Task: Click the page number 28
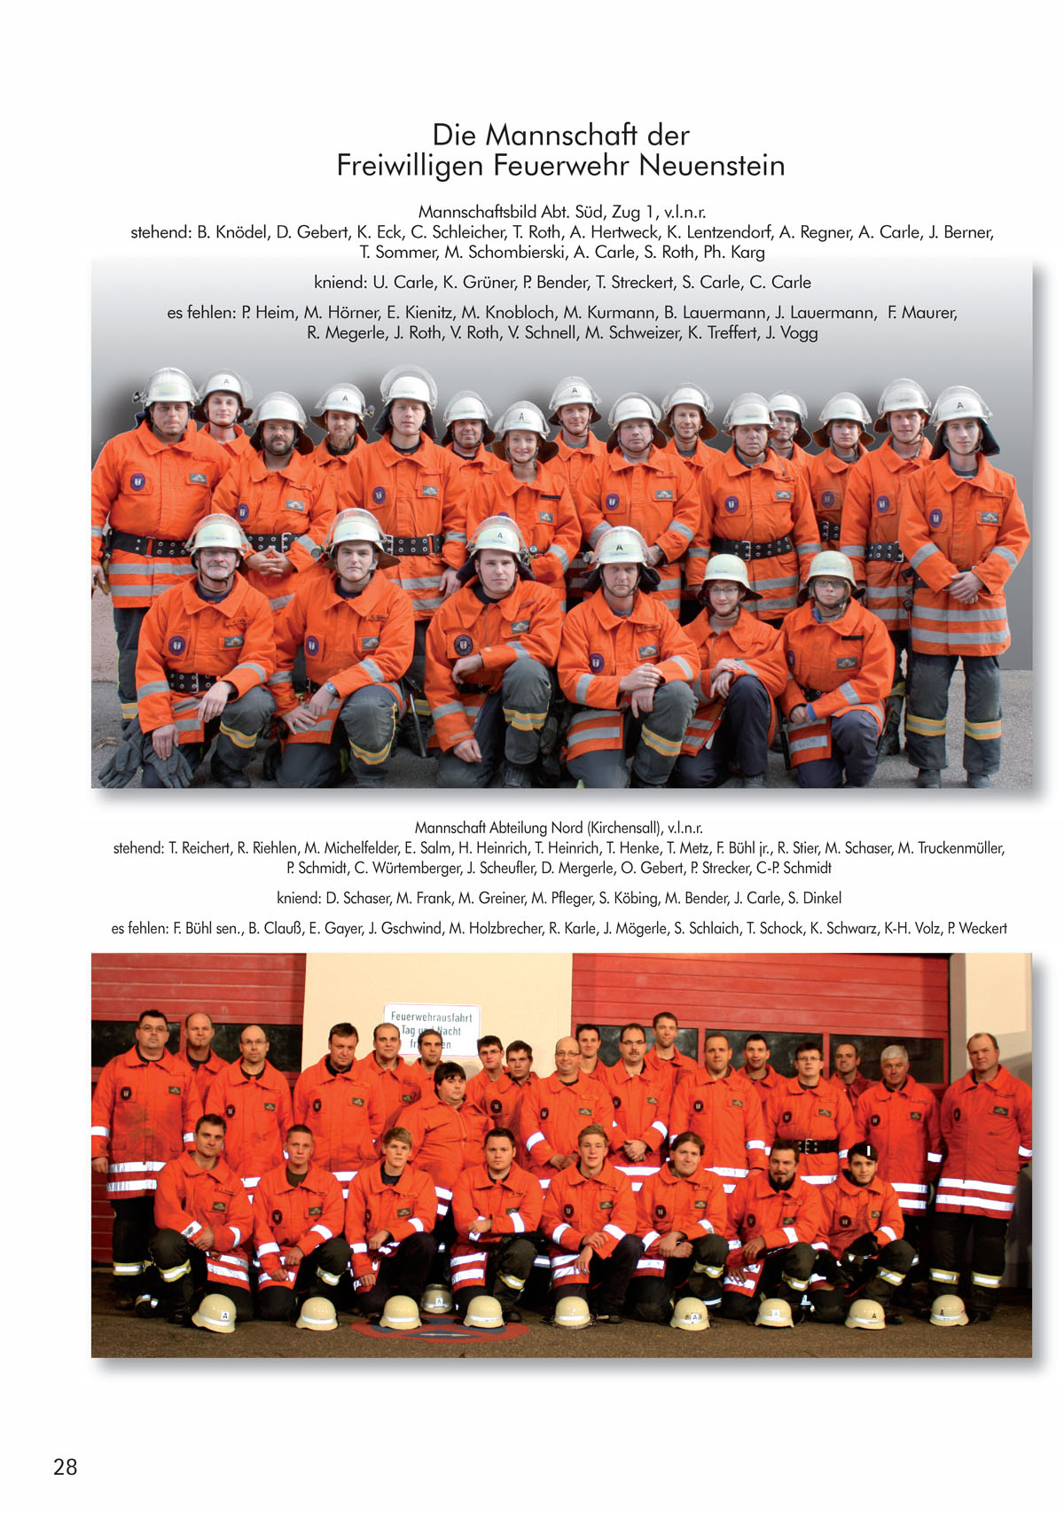[x=65, y=1467]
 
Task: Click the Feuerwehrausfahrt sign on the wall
[x=432, y=1027]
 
